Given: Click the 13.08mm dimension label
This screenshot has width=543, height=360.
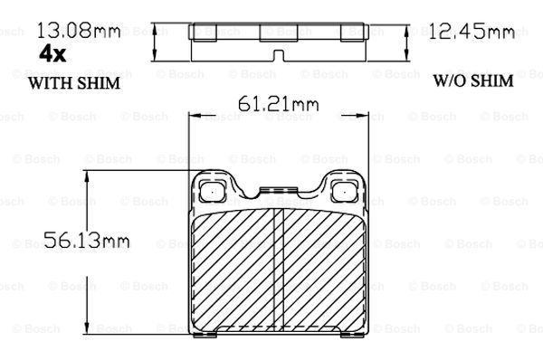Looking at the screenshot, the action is coord(79,30).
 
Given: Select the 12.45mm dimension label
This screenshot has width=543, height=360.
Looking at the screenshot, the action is coord(472,32).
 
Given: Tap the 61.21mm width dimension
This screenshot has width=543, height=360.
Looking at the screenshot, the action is coord(279,103).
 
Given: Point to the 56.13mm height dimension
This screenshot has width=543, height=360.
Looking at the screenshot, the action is coord(87,240).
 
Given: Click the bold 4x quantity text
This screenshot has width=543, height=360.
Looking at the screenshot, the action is coord(52,54).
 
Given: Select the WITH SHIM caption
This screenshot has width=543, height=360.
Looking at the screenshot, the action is coord(74,83).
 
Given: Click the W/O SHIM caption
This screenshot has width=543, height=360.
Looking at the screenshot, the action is coord(473,81).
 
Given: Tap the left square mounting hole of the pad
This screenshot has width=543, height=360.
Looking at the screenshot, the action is coord(213,191).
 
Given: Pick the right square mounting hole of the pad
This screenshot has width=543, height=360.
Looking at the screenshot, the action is coord(344,191).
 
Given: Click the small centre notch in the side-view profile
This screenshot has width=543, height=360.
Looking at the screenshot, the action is coord(279,55).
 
